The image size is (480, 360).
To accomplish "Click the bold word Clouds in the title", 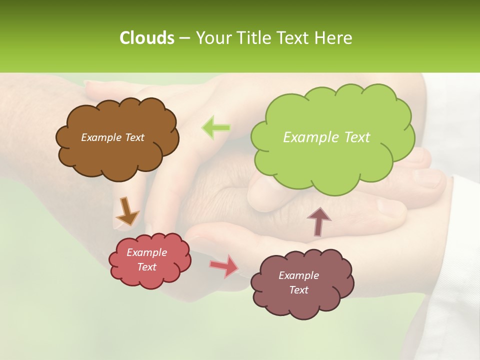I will click(146, 38).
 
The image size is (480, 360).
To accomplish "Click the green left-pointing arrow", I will click(216, 127).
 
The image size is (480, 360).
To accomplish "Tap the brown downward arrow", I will click(127, 211).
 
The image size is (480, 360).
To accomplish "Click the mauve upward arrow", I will click(319, 221).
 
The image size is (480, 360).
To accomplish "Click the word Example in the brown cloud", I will click(100, 137).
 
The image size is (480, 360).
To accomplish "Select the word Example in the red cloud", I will click(147, 252).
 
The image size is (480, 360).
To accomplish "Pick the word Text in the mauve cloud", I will click(299, 290).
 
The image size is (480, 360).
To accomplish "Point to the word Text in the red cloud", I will click(147, 267).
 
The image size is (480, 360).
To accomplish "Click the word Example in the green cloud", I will click(308, 137).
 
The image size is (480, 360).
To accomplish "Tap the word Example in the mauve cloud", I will click(299, 275).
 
